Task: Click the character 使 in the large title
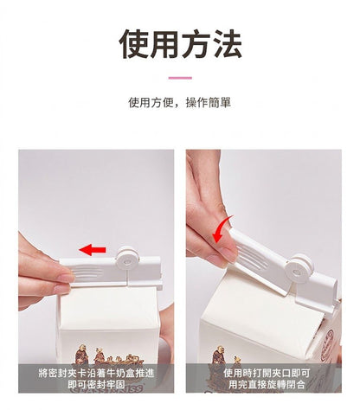134,44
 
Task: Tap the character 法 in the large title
227,44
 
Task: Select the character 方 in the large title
196,44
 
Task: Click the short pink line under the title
180,78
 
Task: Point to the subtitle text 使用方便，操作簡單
179,103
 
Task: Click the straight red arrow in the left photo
93,250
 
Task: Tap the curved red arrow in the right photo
222,230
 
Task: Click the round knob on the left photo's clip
127,257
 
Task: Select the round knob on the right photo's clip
299,267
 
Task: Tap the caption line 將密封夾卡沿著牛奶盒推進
96,374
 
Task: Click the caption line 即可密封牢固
96,384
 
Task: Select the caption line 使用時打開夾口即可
267,373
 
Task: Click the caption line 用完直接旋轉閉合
267,384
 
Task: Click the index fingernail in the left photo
65,279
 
